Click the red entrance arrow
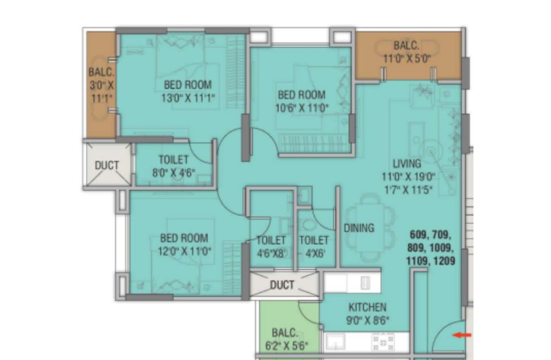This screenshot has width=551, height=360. click(462, 335)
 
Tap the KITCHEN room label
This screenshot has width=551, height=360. click(367, 307)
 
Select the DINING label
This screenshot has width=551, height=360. click(359, 228)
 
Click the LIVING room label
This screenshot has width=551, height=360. click(407, 164)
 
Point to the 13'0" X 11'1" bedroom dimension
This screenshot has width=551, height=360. click(188, 98)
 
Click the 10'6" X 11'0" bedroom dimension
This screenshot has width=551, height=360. click(302, 108)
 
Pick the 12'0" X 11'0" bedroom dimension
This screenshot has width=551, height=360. click(184, 251)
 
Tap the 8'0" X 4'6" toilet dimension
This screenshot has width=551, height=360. click(174, 173)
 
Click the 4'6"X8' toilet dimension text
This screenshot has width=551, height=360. click(271, 253)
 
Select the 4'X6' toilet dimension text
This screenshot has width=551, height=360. click(315, 253)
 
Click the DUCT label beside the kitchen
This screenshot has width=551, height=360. click(282, 285)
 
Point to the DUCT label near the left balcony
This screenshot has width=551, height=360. click(107, 165)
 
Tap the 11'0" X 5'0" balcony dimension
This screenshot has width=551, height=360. click(407, 58)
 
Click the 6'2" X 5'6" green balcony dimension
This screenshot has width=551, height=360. click(286, 346)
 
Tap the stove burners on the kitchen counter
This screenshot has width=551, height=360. click(383, 343)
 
